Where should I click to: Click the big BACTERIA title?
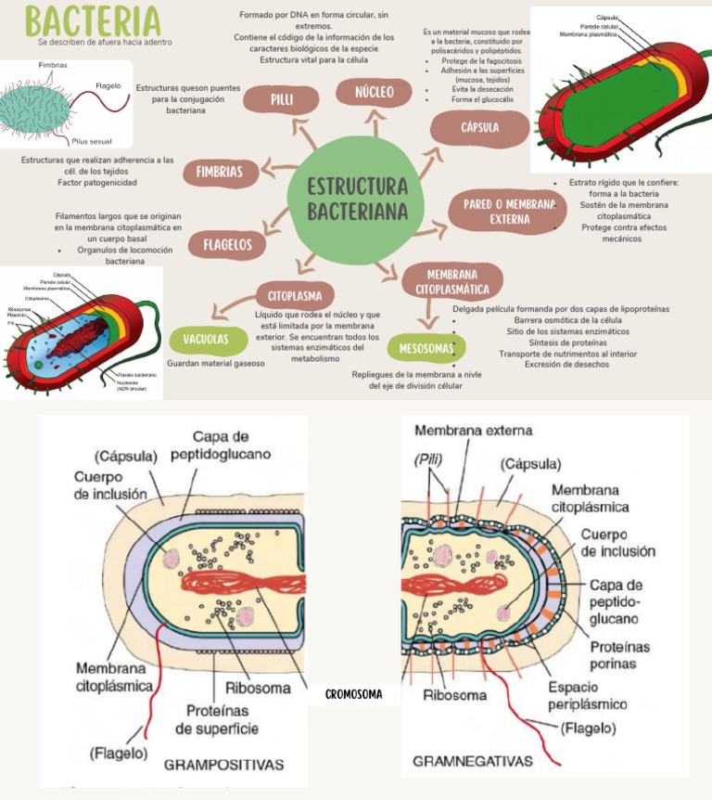pos(93,20)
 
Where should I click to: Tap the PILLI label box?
pos(282,99)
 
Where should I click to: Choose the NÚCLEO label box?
pos(374,92)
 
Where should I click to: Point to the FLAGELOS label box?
pos(227,245)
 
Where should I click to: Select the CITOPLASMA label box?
pos(294,296)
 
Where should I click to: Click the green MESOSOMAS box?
pos(426,348)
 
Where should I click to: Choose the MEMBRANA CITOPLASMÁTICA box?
pos(451,281)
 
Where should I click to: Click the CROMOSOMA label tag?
pos(354,693)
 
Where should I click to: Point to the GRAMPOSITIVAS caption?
pos(223,766)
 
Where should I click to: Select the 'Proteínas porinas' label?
pos(619,654)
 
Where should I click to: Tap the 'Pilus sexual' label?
pos(91,141)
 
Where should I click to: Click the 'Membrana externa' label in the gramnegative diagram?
pos(474,430)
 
